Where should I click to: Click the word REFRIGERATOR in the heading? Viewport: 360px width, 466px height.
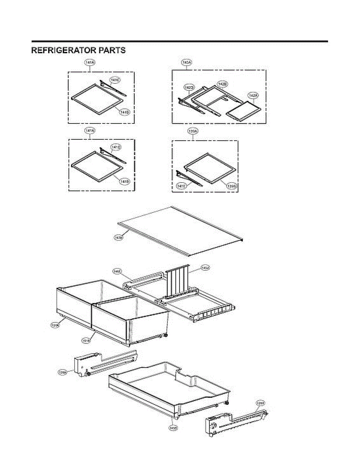point(64,50)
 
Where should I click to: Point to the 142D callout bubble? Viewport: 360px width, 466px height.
point(189,88)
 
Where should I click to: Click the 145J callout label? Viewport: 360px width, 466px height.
point(205,268)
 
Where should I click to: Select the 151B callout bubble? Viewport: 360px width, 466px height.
point(86,341)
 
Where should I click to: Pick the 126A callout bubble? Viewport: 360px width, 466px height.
point(63,372)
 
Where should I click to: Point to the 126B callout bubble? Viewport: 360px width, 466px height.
point(260,403)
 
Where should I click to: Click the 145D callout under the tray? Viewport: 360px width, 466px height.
point(173,428)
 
